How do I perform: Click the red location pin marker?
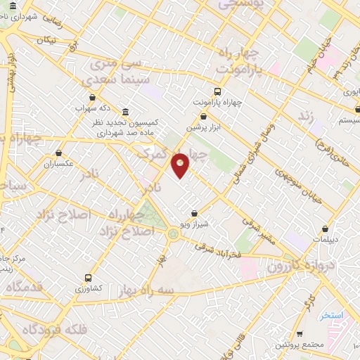(181, 165)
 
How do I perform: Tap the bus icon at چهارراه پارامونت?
(217, 91)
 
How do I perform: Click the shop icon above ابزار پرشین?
(204, 116)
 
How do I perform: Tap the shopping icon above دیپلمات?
(325, 229)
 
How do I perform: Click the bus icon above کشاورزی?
(88, 278)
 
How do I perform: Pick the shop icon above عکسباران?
(59, 153)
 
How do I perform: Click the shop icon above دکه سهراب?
(92, 98)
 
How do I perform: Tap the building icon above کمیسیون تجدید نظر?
(125, 112)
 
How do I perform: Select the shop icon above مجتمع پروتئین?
(300, 334)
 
